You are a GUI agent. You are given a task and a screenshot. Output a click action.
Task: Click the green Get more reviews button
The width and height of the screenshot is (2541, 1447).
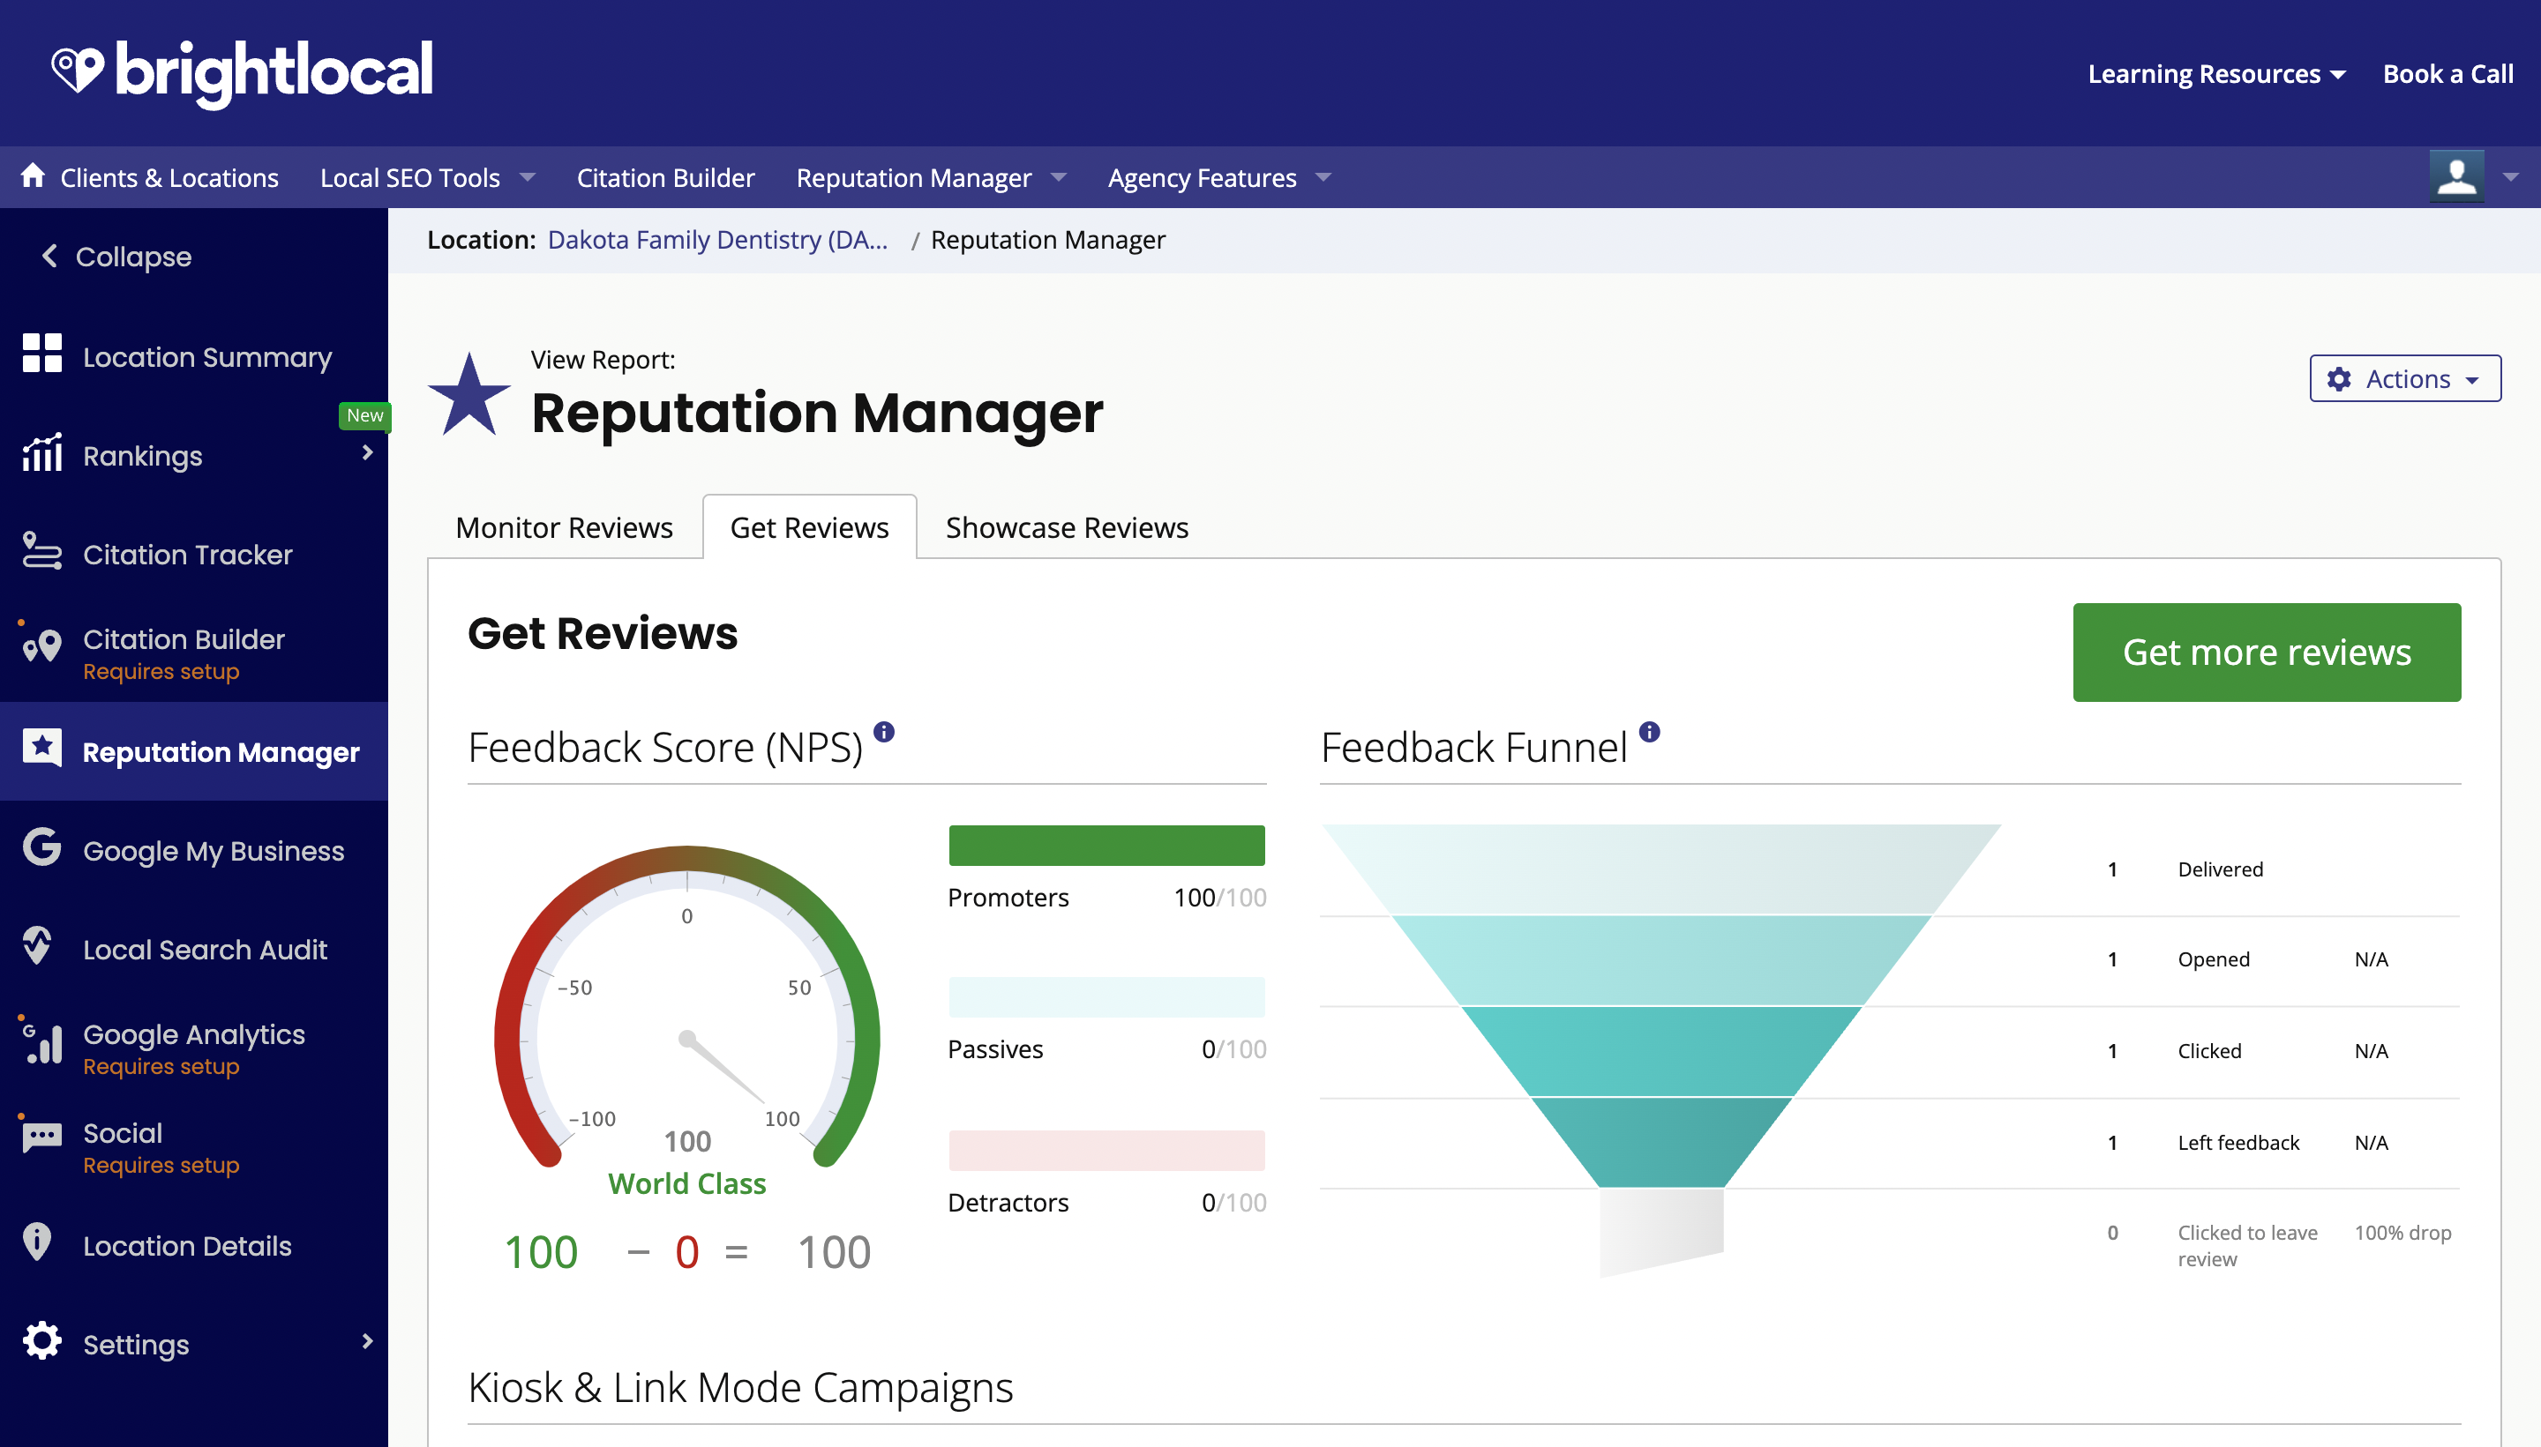click(x=2266, y=652)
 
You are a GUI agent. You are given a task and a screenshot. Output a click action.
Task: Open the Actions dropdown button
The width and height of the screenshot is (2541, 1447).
click(x=2404, y=378)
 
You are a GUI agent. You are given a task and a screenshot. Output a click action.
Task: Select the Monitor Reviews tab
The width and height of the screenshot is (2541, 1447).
click(x=564, y=527)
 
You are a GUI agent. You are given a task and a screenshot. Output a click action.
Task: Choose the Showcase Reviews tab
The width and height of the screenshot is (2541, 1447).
click(x=1066, y=527)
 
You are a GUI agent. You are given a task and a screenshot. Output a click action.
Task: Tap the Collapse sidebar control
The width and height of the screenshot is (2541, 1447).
click(x=116, y=257)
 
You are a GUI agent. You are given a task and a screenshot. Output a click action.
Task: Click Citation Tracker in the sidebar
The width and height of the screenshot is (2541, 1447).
click(x=187, y=555)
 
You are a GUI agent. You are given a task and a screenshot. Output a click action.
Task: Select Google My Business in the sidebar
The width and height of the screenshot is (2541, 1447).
click(x=213, y=851)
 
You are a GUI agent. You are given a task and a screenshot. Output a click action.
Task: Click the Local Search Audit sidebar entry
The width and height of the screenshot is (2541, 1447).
click(x=205, y=949)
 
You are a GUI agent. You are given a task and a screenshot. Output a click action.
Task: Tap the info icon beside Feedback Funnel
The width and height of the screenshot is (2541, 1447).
click(x=1649, y=733)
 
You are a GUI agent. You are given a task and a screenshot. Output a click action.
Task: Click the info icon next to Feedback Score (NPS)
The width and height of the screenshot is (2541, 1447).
click(x=884, y=733)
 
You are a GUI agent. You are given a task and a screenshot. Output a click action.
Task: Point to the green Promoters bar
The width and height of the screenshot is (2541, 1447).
click(x=1106, y=845)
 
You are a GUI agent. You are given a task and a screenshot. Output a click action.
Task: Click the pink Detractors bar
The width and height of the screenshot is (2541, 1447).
click(x=1106, y=1150)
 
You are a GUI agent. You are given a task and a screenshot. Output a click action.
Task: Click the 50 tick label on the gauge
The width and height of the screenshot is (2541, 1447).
click(x=799, y=988)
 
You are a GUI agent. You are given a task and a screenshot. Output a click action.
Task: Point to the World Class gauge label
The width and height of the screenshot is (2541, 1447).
click(x=687, y=1183)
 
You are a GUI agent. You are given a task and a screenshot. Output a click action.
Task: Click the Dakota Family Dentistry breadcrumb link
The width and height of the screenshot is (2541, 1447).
click(x=716, y=241)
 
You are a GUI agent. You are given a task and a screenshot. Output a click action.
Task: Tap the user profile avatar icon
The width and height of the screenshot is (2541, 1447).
click(x=2455, y=177)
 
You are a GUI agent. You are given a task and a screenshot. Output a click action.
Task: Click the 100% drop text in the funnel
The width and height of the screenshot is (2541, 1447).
click(x=2402, y=1233)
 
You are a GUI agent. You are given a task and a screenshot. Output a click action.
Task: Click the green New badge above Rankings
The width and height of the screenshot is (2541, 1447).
click(x=365, y=415)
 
